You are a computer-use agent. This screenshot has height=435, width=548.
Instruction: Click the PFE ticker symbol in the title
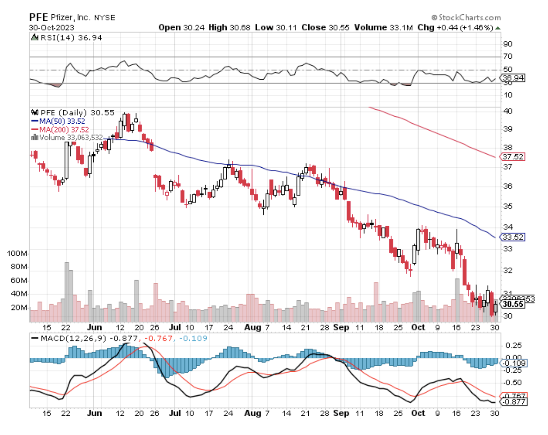coord(38,17)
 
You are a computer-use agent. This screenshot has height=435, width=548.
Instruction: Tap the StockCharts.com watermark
coord(466,18)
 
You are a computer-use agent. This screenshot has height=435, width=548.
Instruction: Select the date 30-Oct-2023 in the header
coord(51,28)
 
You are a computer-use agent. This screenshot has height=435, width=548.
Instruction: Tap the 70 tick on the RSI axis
coord(508,56)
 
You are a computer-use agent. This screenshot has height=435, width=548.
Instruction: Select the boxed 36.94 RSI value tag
coord(513,78)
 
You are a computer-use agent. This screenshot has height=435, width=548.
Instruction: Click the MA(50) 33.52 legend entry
coord(58,121)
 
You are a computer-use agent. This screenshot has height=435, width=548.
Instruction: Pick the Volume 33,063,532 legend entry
coord(67,138)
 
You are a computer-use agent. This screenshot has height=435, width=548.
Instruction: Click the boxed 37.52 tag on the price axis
coord(513,157)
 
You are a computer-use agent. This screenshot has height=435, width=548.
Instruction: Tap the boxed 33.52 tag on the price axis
coord(513,237)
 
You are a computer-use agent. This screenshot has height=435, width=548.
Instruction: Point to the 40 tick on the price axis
coord(508,111)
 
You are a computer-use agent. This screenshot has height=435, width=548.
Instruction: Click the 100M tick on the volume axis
coord(17,253)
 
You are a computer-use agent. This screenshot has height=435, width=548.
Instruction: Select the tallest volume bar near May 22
coord(67,292)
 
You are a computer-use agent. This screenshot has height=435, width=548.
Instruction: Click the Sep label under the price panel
coord(341,327)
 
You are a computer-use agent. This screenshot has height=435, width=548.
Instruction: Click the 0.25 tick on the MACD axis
coord(513,346)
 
